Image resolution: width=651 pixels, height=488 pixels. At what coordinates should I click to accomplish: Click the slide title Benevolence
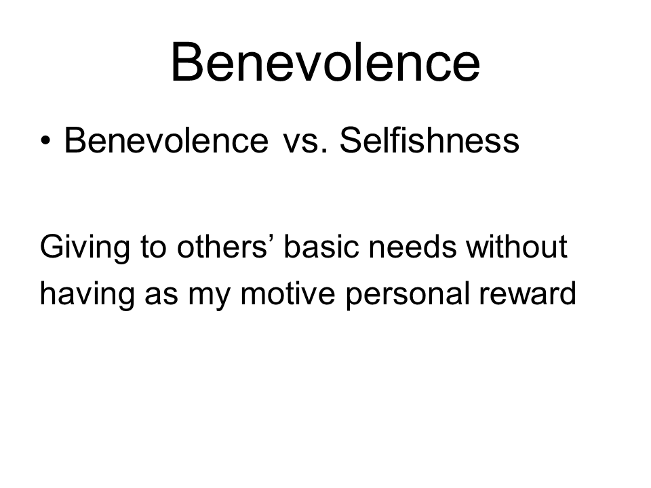click(x=325, y=62)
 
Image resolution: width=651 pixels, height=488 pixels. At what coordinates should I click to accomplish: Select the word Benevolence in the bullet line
click(x=165, y=141)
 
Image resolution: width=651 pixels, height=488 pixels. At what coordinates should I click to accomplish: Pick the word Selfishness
click(x=429, y=141)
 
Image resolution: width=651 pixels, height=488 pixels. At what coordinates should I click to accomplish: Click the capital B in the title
click(x=187, y=62)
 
